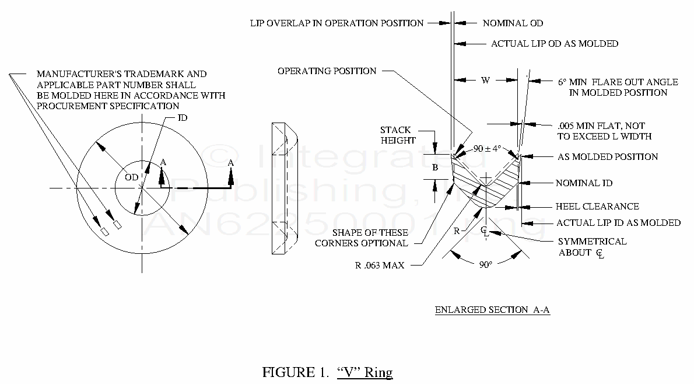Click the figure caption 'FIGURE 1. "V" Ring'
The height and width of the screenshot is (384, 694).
pos(327,372)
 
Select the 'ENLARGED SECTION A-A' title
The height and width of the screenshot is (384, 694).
pos(492,310)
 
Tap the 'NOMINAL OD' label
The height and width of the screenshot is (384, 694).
pos(513,23)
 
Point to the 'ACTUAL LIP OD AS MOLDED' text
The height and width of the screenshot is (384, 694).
pos(555,44)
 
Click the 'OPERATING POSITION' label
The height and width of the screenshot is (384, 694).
pos(327,71)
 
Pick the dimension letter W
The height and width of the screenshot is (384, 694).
pos(485,81)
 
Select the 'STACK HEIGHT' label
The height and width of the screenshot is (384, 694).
pos(398,135)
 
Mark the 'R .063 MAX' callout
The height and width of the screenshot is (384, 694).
pos(380,265)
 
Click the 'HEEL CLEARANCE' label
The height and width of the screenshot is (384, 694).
pos(597,207)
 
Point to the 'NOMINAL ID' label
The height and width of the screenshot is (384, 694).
pos(584,183)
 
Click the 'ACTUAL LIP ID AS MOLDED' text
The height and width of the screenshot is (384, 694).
pos(618,223)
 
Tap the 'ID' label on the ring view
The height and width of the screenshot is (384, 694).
pos(183,118)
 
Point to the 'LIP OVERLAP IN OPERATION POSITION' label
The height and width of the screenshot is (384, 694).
pos(337,23)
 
